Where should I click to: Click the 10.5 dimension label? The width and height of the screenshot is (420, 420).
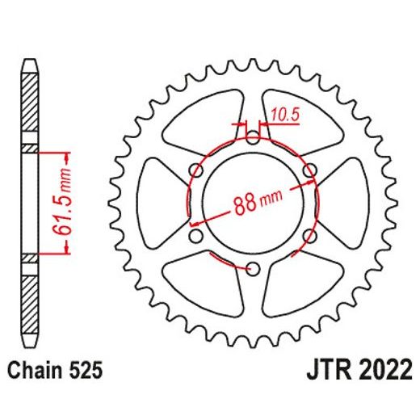(285, 115)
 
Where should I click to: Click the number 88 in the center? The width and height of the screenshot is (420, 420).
(245, 204)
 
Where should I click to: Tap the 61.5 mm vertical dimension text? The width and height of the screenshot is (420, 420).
(62, 203)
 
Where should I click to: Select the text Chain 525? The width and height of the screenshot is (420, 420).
(55, 370)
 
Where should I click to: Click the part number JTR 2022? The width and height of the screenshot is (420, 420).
(359, 369)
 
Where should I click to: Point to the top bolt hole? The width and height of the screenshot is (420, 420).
(253, 137)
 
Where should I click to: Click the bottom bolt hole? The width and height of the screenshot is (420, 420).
(253, 268)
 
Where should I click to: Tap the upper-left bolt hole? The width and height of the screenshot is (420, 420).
(196, 170)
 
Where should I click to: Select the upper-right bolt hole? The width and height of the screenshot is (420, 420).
(309, 170)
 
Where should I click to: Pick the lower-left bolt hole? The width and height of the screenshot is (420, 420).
(196, 236)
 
